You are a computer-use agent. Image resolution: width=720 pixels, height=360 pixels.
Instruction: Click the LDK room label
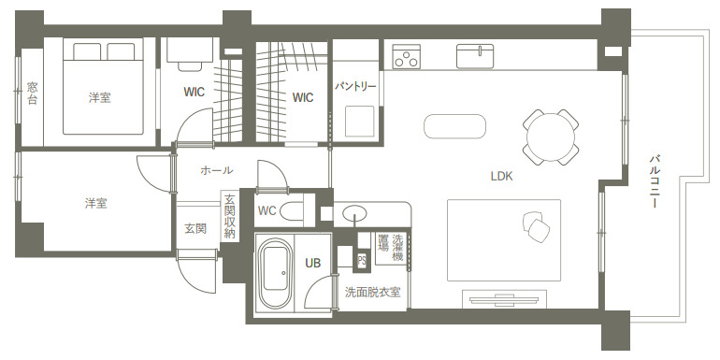501,176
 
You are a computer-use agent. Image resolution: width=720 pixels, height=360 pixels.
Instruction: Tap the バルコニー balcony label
654,181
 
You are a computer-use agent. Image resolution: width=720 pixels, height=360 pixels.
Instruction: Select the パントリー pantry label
355,86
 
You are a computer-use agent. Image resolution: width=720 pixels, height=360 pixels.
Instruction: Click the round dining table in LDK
551,137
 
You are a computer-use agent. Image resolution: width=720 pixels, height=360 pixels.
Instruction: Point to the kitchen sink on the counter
475,56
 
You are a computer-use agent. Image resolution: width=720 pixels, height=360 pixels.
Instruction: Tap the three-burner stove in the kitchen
407,56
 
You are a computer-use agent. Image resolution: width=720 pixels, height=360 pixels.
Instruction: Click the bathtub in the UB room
275,274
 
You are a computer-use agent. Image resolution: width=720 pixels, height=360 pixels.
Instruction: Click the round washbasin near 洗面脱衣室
354,213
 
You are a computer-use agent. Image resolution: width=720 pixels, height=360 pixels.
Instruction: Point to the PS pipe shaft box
362,260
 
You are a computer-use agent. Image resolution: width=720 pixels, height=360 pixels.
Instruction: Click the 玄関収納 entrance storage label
229,216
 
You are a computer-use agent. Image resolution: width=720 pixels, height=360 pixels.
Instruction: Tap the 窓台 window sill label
32,94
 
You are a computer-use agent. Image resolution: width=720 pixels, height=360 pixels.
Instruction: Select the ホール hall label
216,170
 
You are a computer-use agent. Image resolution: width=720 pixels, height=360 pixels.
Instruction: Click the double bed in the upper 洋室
103,88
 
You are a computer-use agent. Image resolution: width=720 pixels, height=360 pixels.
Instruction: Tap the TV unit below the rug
504,299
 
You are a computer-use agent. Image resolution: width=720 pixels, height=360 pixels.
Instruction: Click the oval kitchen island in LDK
454,126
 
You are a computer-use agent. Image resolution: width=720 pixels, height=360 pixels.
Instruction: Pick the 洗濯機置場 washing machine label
390,248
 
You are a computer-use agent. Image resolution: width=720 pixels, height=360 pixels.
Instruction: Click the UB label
312,263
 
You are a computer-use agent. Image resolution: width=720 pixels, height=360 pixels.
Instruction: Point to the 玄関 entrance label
195,229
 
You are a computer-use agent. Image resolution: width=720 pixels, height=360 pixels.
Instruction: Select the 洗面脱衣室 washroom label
372,292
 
